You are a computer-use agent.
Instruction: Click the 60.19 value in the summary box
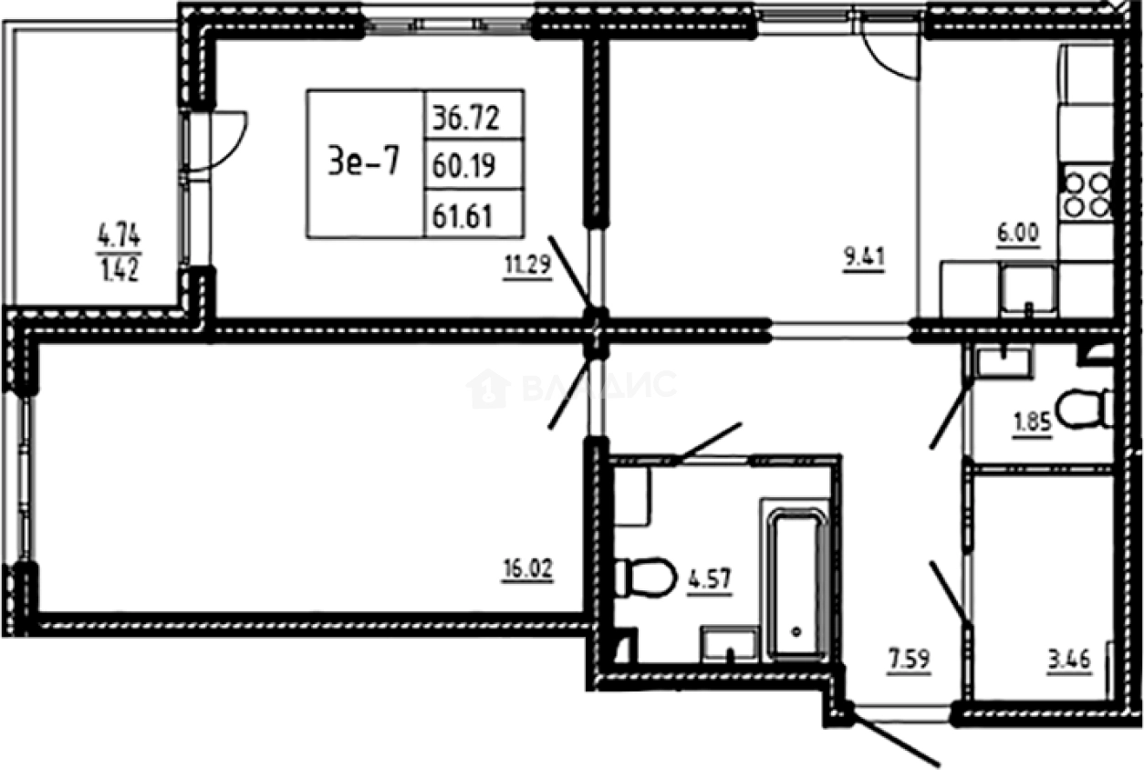click(473, 165)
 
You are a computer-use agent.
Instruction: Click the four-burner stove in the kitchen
click(1086, 192)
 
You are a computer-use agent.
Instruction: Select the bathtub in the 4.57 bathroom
click(796, 584)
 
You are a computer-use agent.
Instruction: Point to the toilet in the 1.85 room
click(1086, 407)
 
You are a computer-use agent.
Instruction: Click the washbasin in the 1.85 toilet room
click(1002, 362)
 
